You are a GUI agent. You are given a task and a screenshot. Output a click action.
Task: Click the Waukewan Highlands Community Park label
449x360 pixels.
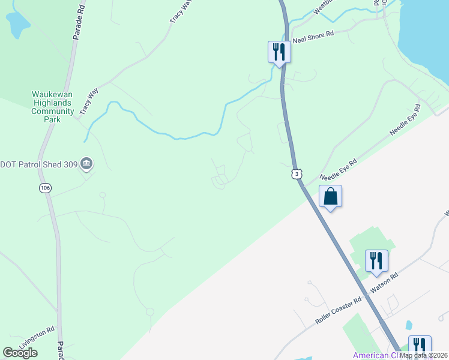[53, 107]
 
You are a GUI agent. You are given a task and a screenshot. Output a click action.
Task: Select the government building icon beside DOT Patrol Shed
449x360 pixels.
[86, 163]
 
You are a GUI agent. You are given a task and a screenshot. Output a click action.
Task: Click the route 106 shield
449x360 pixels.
[46, 188]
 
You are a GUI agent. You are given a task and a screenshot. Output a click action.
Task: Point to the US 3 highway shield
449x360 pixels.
[297, 173]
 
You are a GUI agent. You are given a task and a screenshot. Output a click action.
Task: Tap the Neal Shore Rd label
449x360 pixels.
[312, 38]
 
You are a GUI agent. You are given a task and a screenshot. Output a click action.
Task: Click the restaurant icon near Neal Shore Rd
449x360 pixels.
[279, 52]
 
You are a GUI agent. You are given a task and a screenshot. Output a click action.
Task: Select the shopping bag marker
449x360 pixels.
[331, 196]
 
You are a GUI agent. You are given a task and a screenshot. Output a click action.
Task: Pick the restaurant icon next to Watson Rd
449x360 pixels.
[376, 260]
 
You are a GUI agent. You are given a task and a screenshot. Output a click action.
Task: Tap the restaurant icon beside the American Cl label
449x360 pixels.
[420, 346]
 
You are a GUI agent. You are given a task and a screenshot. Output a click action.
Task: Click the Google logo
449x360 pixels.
[20, 353]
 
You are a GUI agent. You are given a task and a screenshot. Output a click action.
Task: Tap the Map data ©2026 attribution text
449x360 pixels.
[424, 355]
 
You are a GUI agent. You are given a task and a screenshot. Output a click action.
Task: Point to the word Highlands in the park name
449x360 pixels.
[53, 103]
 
